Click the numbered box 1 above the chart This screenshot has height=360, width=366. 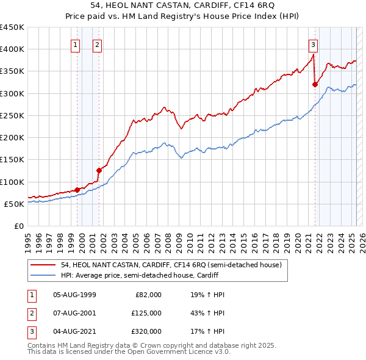click(76, 44)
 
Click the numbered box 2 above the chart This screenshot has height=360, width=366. click(98, 44)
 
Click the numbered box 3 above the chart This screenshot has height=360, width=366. click(313, 44)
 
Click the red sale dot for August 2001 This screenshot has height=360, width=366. click(99, 171)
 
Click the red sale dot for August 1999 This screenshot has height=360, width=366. click(77, 190)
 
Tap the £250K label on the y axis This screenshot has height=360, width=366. click(12, 115)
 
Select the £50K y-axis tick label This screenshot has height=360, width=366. click(15, 204)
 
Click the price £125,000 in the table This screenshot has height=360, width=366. click(146, 313)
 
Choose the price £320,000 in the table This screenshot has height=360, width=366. click(146, 331)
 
